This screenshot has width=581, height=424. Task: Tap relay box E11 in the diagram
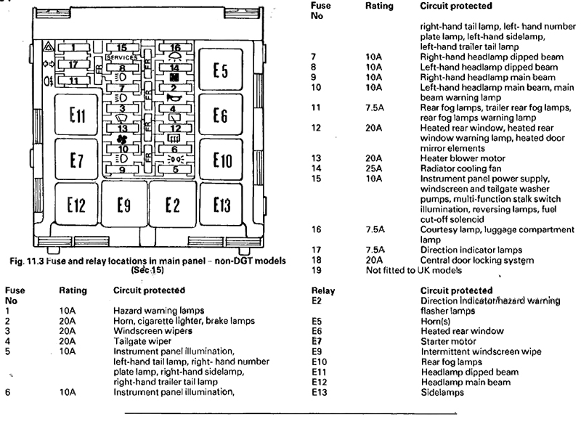pyautogui.click(x=77, y=116)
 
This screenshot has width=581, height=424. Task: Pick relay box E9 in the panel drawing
pyautogui.click(x=123, y=205)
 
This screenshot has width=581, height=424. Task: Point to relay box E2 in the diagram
pyautogui.click(x=172, y=205)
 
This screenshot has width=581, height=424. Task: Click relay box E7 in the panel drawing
pyautogui.click(x=77, y=160)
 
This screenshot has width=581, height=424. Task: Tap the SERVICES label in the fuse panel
pyautogui.click(x=121, y=57)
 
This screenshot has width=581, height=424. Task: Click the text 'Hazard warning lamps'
pyautogui.click(x=152, y=311)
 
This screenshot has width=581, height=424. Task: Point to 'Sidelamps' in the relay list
pyautogui.click(x=442, y=393)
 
